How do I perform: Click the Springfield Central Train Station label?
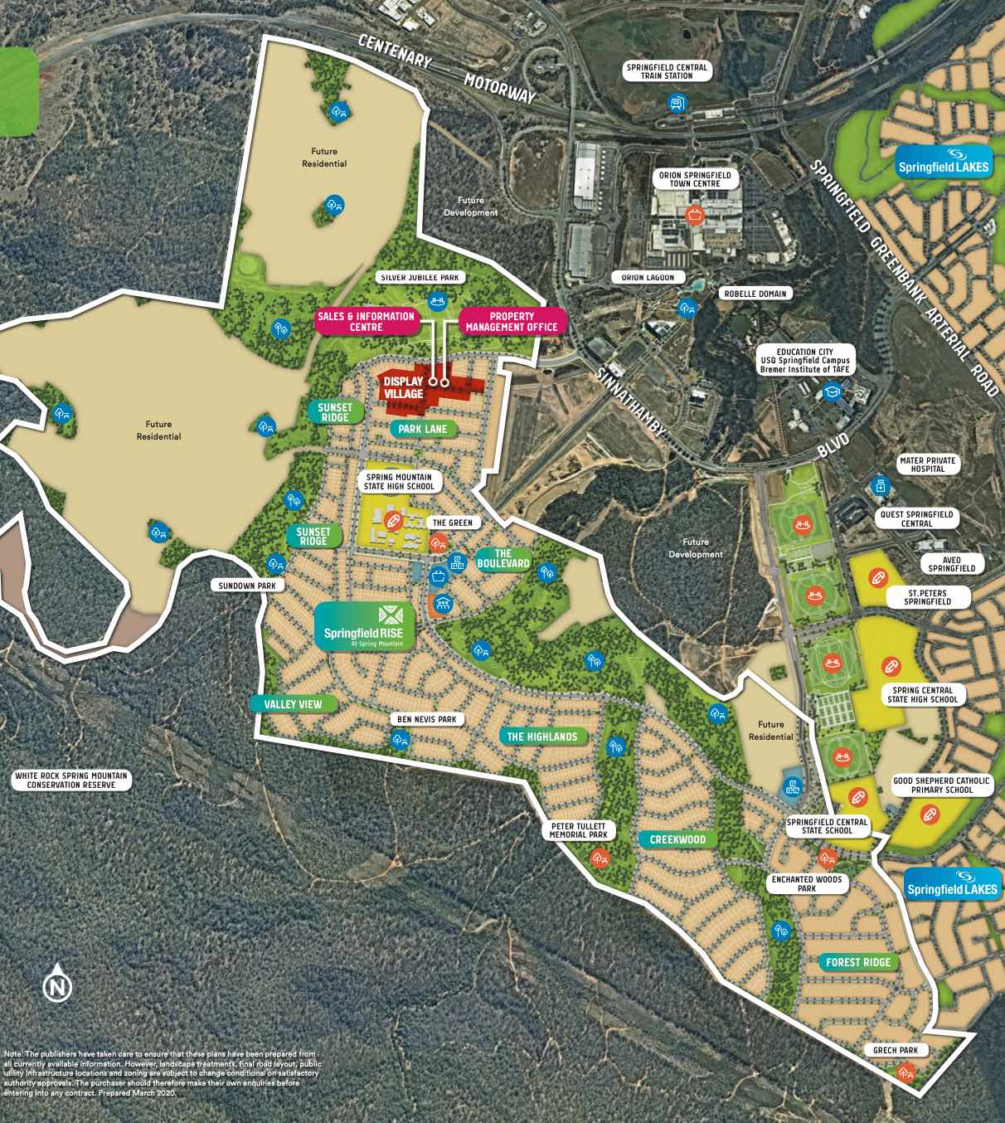point(667,71)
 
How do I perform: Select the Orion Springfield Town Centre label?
point(695,179)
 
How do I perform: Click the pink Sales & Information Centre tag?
point(366,322)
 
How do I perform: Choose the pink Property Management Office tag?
point(512,322)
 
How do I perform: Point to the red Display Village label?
point(404,387)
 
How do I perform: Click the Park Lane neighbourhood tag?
point(422,429)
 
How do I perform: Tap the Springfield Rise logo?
point(364,626)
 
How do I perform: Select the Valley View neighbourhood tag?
point(293,704)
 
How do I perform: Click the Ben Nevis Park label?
point(426,719)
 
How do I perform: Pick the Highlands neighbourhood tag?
point(541,737)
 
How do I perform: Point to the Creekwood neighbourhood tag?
point(677,839)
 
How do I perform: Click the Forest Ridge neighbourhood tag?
point(858,962)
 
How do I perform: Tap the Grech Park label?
point(896,1050)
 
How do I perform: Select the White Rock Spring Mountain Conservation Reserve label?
point(71,780)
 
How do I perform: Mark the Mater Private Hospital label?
point(928,464)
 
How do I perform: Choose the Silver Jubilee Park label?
point(420,278)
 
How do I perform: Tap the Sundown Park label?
point(247,586)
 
